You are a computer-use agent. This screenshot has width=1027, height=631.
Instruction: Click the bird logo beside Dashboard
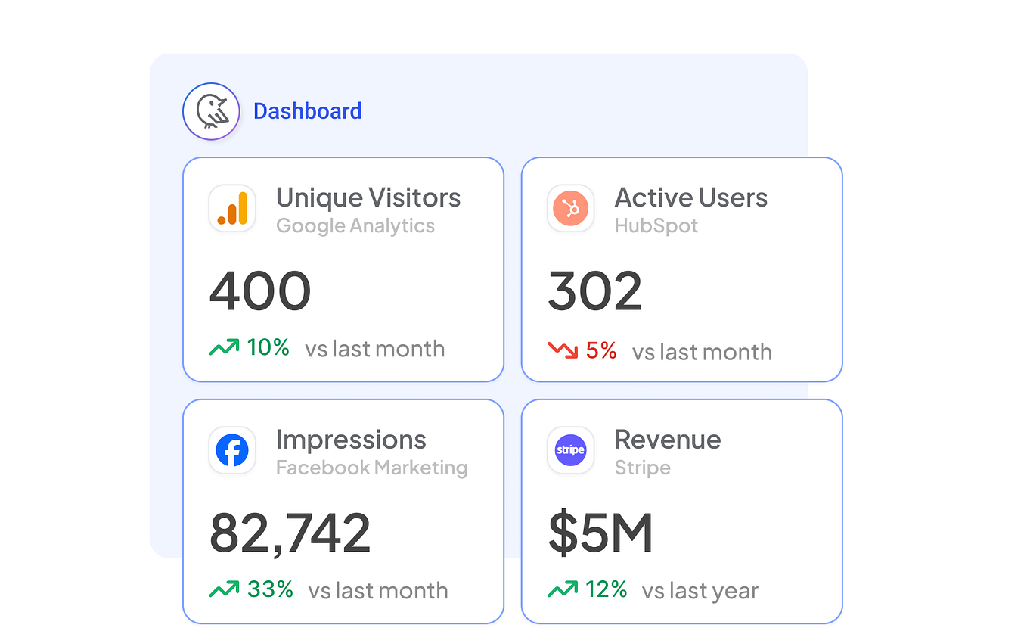211,111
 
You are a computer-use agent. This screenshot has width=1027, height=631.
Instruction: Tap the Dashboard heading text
307,111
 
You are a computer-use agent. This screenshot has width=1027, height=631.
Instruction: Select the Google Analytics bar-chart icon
232,208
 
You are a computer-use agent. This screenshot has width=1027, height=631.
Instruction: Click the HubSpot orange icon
571,208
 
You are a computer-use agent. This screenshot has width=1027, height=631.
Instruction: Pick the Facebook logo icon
232,450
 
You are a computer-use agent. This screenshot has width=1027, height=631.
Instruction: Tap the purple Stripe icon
571,450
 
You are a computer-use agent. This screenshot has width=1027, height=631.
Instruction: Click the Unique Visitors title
368,198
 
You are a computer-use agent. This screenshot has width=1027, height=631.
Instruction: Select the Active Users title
690,198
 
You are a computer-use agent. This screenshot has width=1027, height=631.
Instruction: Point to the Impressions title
351,440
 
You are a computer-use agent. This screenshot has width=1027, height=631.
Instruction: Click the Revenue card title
668,440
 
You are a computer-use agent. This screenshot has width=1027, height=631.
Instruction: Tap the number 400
260,291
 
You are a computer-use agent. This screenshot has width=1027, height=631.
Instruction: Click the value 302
595,291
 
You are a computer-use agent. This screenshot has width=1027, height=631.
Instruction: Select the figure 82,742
290,533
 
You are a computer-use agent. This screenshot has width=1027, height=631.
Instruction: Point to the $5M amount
600,533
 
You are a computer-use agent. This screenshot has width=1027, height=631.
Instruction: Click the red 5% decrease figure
601,351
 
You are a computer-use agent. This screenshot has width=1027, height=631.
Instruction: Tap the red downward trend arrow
563,350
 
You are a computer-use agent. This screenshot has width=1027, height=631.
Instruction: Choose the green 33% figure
270,589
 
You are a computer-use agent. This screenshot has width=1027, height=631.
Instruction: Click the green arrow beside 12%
563,589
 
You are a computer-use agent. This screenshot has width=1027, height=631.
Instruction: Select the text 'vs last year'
700,591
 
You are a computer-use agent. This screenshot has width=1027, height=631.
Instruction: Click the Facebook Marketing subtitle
371,468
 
